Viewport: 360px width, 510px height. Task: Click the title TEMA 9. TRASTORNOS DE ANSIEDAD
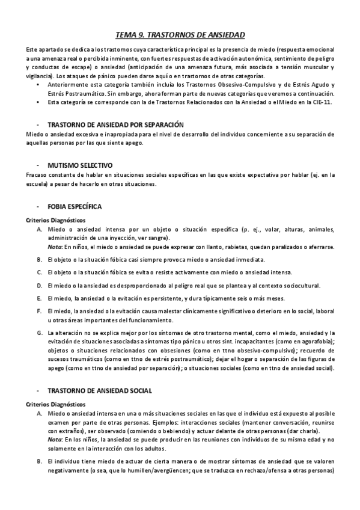[x=180, y=35]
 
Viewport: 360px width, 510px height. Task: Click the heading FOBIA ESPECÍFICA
[x=75, y=206]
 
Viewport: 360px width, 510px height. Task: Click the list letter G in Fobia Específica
[x=40, y=333]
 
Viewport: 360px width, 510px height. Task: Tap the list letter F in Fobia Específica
[x=40, y=310]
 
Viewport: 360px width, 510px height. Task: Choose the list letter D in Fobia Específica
[x=40, y=285]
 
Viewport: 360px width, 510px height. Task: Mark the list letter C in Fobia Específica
[x=40, y=272]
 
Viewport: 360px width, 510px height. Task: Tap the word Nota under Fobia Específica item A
[x=55, y=246]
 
